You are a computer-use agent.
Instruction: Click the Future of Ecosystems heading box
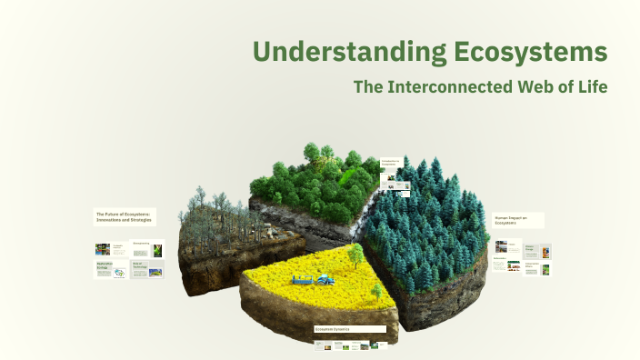tap(124, 217)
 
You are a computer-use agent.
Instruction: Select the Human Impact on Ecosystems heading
tap(518, 220)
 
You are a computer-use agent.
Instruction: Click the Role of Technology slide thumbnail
tap(147, 269)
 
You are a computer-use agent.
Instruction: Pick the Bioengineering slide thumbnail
tap(147, 248)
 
